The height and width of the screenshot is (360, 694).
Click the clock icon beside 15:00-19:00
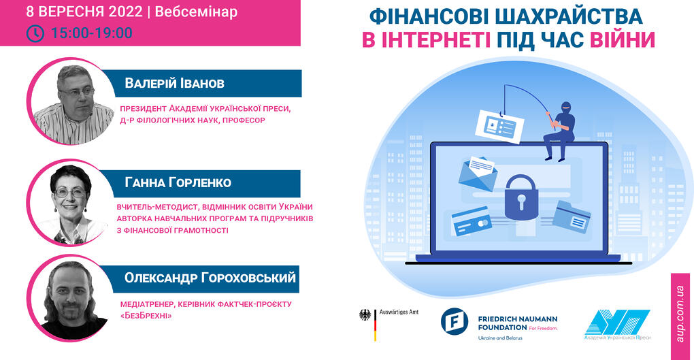(x=35, y=33)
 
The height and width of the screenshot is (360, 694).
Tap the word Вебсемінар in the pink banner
(x=196, y=12)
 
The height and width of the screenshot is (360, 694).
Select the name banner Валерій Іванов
(x=208, y=83)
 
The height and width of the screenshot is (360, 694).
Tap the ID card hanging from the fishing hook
(x=499, y=127)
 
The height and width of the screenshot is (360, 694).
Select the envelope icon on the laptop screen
(x=478, y=174)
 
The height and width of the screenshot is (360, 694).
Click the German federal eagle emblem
(x=365, y=315)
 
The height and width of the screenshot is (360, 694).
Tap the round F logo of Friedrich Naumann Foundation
(x=454, y=321)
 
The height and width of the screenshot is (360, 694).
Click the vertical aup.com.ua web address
(x=680, y=314)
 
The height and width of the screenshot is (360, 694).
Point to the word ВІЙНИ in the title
(x=623, y=40)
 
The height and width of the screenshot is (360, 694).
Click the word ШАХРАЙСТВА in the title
(x=569, y=17)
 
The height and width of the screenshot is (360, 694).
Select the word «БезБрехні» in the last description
(x=146, y=316)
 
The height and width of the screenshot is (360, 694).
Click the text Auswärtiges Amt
(x=399, y=312)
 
